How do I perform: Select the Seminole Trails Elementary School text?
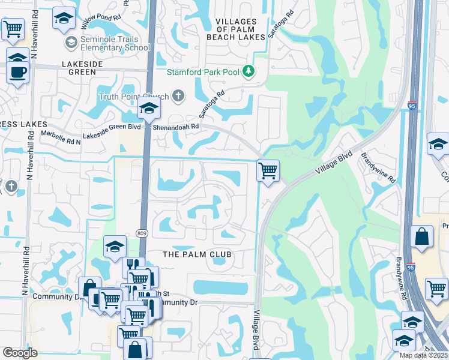pos(114,43)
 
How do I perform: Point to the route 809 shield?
pos(141,233)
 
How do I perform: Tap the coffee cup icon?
pos(18,73)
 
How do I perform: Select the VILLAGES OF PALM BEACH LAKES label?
pos(236,29)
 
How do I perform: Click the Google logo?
pos(20,353)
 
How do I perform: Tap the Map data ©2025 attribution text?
pos(423,355)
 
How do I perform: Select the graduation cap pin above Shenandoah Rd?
pos(148,109)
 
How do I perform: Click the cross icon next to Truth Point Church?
pos(178,96)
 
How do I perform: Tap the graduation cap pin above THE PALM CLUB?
pos(115,246)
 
